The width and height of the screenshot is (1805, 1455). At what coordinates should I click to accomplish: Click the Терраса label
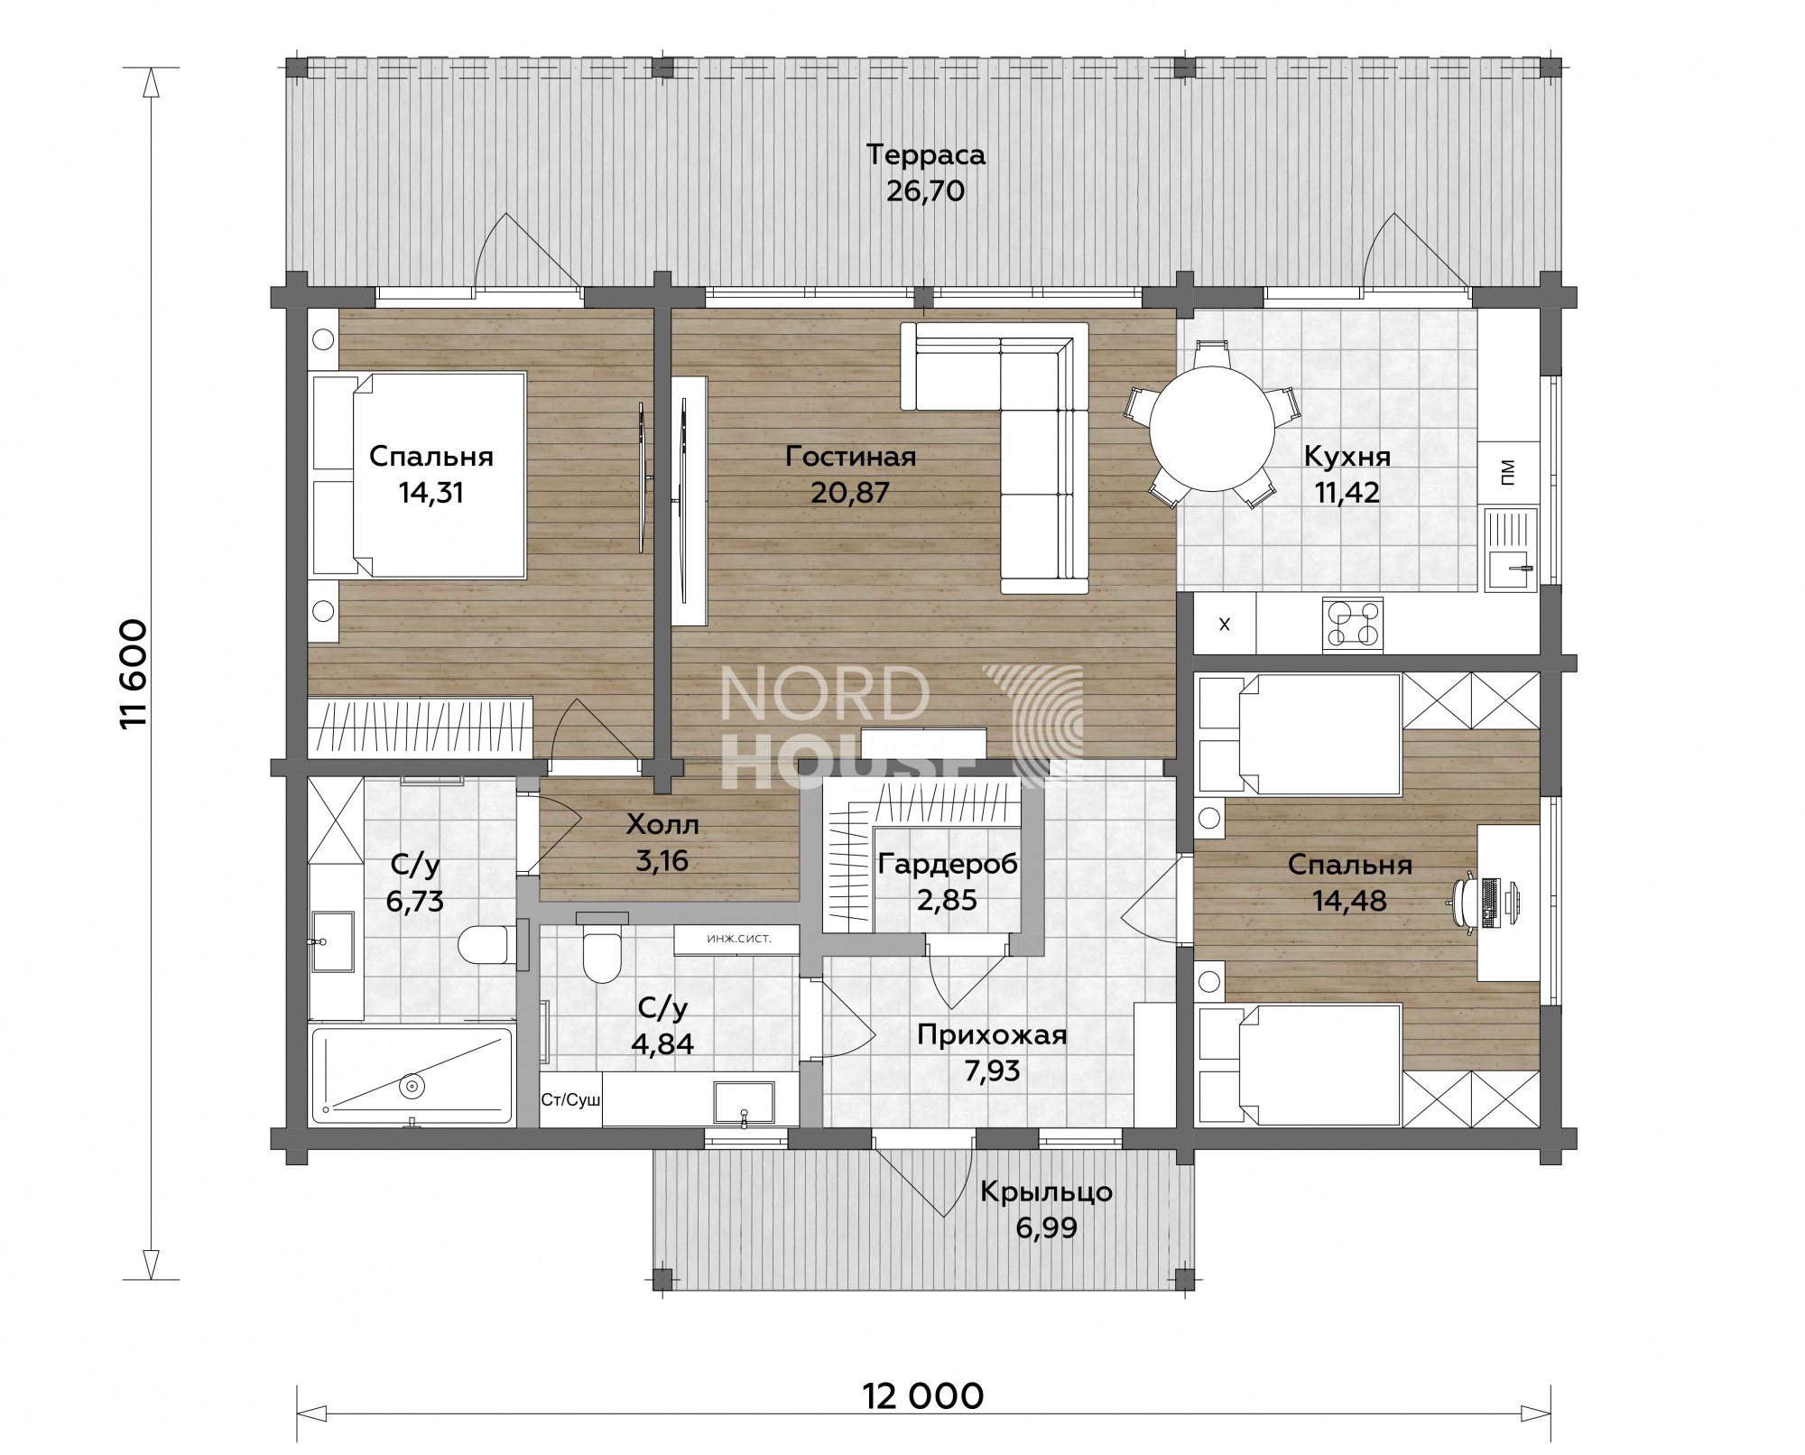point(926,154)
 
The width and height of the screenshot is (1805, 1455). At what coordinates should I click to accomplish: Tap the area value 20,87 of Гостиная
point(850,493)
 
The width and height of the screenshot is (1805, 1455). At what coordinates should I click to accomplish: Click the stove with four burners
point(1352,624)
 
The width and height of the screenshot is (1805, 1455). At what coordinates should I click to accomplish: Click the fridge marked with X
point(1225,624)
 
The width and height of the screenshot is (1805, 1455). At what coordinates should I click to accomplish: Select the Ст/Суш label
point(570,1100)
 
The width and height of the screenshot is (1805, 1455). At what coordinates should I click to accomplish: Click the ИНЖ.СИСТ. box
point(737,939)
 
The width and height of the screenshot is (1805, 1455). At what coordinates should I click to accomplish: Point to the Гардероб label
point(948,864)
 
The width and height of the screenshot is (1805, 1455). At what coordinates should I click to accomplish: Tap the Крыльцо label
point(1046,1191)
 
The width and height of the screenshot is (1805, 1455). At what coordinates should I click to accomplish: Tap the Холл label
point(662,824)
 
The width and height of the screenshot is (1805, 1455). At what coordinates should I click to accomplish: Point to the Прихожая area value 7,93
point(992,1070)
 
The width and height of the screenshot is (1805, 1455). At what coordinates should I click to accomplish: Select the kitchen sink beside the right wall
point(1511,550)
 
